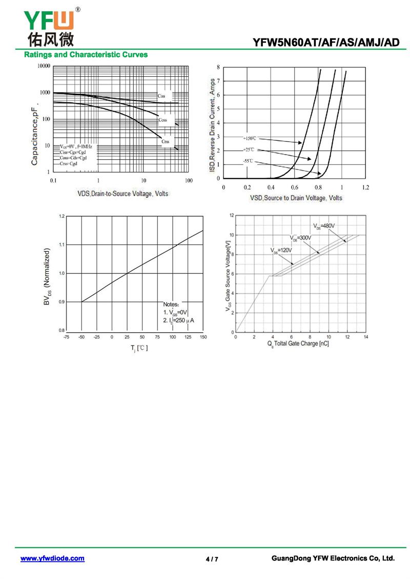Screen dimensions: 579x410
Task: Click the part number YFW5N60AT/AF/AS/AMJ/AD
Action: [x=326, y=42]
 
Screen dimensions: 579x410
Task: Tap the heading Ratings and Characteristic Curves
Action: [x=86, y=54]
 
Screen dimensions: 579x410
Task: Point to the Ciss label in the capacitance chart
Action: [x=161, y=96]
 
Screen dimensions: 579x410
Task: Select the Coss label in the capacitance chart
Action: [x=162, y=120]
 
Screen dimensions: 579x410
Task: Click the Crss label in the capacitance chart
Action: [x=165, y=141]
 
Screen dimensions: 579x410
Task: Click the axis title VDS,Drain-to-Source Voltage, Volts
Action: [x=122, y=194]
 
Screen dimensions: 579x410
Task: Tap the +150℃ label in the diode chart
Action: [x=250, y=138]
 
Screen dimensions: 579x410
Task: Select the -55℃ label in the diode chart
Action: [x=249, y=161]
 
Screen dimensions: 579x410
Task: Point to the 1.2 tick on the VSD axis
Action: [x=365, y=188]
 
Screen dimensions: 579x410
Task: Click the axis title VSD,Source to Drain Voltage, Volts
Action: [x=296, y=198]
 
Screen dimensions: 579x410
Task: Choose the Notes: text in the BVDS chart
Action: [x=173, y=304]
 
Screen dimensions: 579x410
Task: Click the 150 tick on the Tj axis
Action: [x=203, y=337]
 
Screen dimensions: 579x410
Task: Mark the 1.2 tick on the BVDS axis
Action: [x=62, y=217]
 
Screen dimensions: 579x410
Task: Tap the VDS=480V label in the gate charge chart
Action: [x=324, y=226]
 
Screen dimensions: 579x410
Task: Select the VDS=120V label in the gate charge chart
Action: [x=281, y=250]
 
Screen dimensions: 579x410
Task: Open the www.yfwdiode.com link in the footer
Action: [x=52, y=559]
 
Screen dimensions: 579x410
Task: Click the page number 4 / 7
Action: [x=212, y=559]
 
